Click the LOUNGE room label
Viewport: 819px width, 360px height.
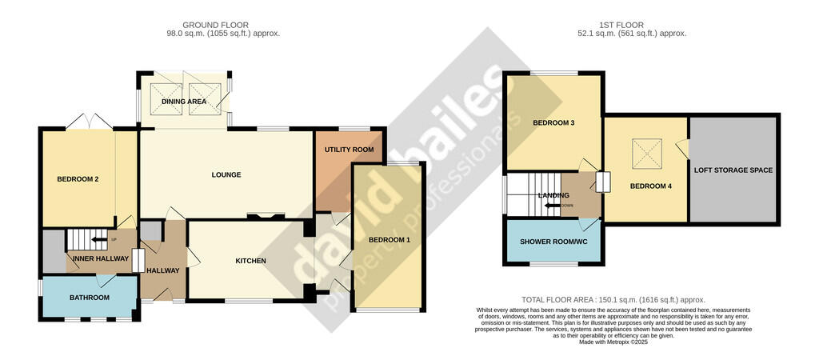pyautogui.click(x=226, y=174)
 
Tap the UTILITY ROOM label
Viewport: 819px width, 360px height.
pyautogui.click(x=349, y=150)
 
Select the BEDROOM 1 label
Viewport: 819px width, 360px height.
pyautogui.click(x=390, y=240)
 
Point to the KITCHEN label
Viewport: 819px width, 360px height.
pyautogui.click(x=250, y=261)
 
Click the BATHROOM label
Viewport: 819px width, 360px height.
pyautogui.click(x=90, y=298)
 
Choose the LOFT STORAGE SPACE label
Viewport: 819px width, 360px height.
pyautogui.click(x=733, y=170)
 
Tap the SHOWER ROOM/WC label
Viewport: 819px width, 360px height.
pyautogui.click(x=551, y=242)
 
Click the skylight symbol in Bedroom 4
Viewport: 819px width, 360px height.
pyautogui.click(x=646, y=154)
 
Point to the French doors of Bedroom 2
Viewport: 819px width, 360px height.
pyautogui.click(x=90, y=122)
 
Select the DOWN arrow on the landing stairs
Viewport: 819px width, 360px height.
pyautogui.click(x=552, y=206)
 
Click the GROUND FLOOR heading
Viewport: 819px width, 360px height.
pyautogui.click(x=215, y=25)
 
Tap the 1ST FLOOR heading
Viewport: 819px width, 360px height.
pyautogui.click(x=621, y=25)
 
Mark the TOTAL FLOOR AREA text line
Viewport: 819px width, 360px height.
pyautogui.click(x=614, y=300)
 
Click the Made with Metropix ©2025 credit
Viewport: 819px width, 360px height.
pyautogui.click(x=614, y=342)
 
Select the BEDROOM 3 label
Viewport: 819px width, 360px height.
pyautogui.click(x=553, y=122)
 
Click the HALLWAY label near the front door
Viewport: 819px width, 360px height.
pyautogui.click(x=163, y=270)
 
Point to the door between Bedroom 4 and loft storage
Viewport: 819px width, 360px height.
pyautogui.click(x=682, y=148)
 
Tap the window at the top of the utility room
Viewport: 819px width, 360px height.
pyautogui.click(x=354, y=128)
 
